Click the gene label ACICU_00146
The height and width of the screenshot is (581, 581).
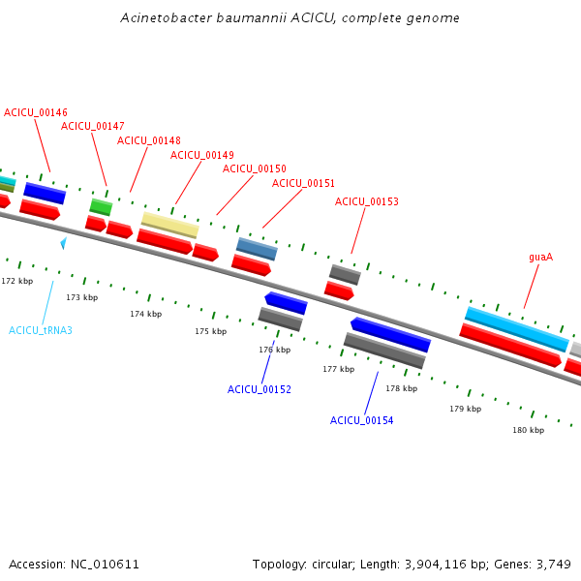[x=36, y=112]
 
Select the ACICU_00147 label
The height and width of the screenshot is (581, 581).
[x=93, y=126]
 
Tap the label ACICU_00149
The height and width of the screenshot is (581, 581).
[x=202, y=155]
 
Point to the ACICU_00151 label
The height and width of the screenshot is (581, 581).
[x=303, y=183]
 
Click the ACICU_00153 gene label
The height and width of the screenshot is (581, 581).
[x=367, y=201]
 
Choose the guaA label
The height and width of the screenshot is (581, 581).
[x=541, y=258]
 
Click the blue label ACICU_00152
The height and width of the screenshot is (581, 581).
[x=260, y=389]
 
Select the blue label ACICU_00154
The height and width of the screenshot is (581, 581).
[x=361, y=420]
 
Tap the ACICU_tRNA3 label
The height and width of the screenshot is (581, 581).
[x=41, y=330]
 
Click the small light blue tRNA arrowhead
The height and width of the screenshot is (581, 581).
[x=64, y=243]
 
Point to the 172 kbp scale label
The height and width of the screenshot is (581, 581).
[x=17, y=281]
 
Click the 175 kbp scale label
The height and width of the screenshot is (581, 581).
[x=211, y=331]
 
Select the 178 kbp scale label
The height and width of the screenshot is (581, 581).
[x=402, y=388]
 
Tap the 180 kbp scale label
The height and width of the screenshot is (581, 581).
[x=529, y=430]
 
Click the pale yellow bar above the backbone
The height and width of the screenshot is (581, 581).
[x=170, y=225]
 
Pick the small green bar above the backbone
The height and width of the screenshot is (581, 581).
[x=101, y=207]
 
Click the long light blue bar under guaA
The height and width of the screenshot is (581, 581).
[x=517, y=329]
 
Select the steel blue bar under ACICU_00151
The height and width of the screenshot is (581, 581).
[x=257, y=249]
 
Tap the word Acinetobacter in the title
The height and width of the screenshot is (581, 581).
[x=167, y=17]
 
